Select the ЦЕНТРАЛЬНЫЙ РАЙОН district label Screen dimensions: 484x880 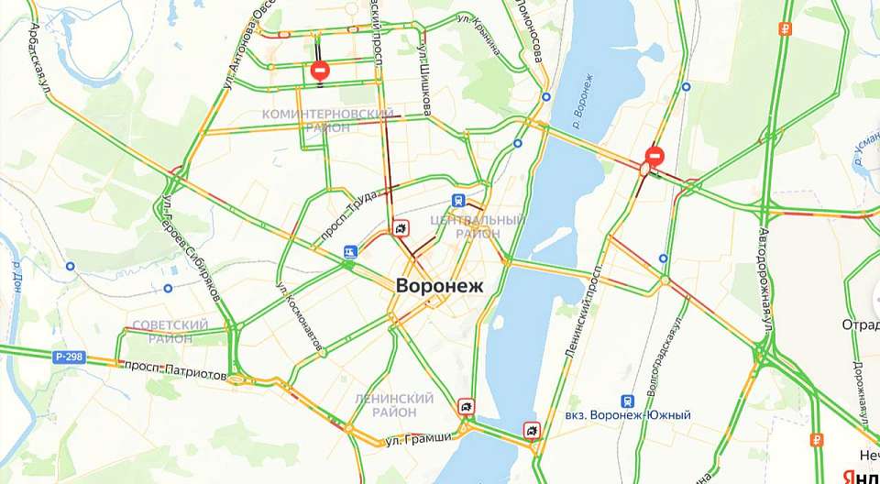[x=478, y=226]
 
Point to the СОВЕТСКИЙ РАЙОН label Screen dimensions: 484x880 [x=170, y=332]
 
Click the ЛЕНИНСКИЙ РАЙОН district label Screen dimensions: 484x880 [x=394, y=405]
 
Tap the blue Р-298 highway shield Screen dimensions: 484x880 [x=68, y=357]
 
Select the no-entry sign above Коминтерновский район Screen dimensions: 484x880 [x=320, y=70]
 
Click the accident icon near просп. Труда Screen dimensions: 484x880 [x=401, y=227]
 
